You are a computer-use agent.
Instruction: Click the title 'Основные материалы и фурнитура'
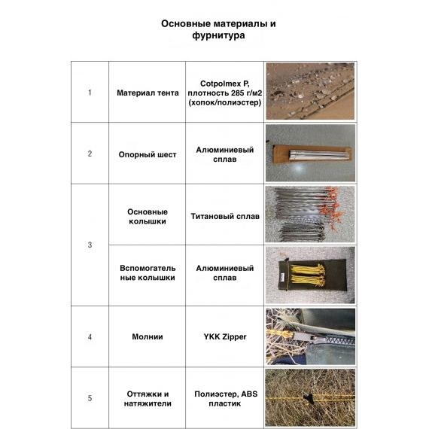click(x=218, y=29)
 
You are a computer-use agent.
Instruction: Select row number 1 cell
click(x=90, y=93)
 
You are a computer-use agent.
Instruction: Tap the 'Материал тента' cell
click(x=148, y=93)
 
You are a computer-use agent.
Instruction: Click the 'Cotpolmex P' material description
click(x=225, y=93)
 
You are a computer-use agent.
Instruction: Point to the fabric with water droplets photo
click(x=310, y=91)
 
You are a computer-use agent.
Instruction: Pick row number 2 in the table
click(x=90, y=154)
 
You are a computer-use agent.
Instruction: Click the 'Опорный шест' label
click(x=148, y=154)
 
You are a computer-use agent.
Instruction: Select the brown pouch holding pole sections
click(x=312, y=154)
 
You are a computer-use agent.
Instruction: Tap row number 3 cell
click(x=90, y=245)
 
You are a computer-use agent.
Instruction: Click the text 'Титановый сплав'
click(x=225, y=216)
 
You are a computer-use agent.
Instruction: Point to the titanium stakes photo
click(x=310, y=214)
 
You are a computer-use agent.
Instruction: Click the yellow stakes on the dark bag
click(x=308, y=275)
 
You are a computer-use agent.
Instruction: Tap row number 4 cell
click(x=90, y=336)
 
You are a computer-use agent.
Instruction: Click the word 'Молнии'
click(x=148, y=336)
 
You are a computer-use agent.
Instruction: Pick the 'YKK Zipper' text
click(x=225, y=336)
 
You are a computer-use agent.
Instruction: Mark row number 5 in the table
click(x=90, y=398)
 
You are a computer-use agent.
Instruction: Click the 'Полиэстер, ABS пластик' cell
click(x=225, y=398)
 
